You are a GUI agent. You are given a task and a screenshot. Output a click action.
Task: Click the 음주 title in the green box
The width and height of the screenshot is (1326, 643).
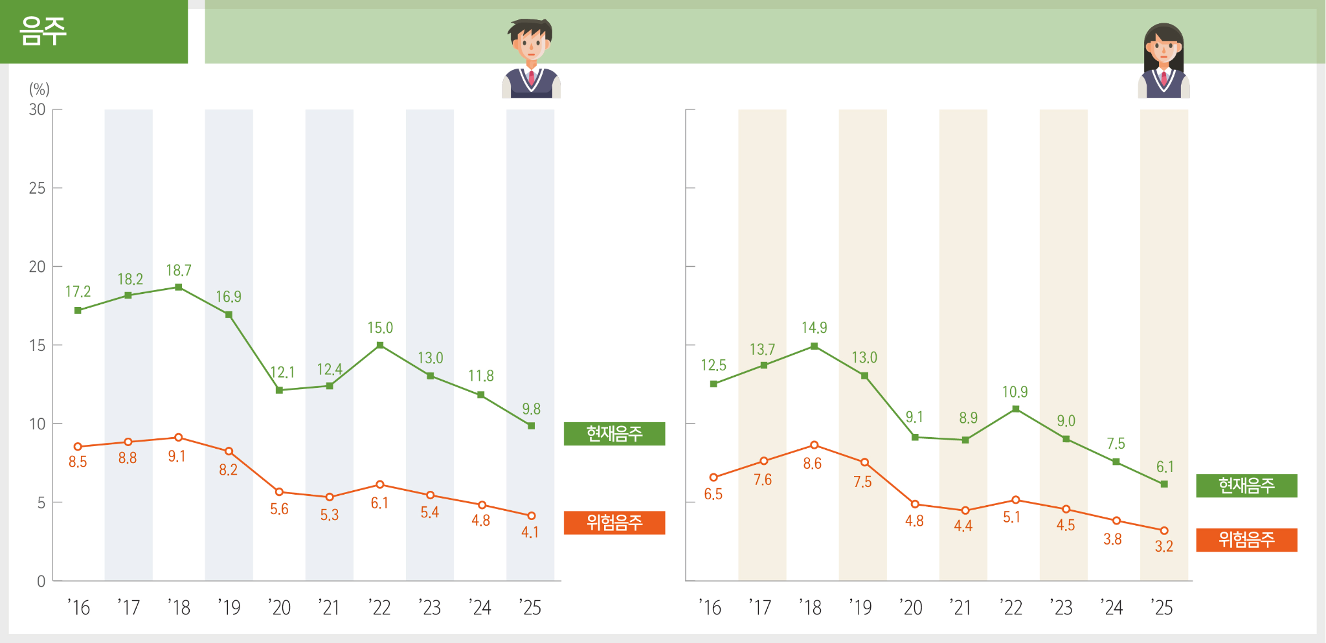(43, 31)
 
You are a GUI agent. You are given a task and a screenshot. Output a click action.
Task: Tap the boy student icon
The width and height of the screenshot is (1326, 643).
(531, 58)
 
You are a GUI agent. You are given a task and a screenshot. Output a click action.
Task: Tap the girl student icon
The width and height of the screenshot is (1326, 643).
(1163, 61)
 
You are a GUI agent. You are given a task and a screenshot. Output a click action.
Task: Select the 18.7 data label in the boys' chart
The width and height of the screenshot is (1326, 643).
(179, 270)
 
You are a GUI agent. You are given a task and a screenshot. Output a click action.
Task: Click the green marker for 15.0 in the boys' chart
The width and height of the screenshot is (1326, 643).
(380, 345)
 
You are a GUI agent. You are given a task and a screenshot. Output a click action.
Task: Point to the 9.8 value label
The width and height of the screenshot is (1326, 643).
(531, 409)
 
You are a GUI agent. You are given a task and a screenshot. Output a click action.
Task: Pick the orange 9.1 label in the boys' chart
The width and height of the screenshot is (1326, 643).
(177, 457)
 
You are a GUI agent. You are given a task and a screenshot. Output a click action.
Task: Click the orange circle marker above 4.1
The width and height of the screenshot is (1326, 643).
(532, 516)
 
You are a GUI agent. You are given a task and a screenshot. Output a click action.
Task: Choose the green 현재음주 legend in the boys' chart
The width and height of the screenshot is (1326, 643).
(614, 434)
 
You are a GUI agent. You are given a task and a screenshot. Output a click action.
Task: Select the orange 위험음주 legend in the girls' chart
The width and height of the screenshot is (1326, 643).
(1246, 540)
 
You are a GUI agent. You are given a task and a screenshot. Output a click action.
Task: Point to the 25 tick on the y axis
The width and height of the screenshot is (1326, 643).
(38, 188)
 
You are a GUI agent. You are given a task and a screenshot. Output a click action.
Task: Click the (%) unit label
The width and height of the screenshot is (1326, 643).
(39, 89)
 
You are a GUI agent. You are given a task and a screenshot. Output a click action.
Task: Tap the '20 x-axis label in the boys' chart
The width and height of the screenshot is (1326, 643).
(280, 607)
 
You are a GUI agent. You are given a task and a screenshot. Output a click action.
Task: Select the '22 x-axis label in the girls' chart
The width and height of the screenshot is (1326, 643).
(1011, 607)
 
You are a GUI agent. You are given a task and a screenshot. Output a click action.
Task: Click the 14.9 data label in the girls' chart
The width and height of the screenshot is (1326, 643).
(815, 328)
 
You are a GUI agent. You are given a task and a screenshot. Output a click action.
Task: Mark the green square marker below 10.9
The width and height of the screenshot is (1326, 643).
(1015, 409)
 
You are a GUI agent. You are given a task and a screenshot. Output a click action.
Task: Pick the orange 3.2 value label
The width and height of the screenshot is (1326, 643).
(1163, 547)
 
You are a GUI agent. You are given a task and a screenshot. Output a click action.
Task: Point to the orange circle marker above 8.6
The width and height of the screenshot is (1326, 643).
(814, 445)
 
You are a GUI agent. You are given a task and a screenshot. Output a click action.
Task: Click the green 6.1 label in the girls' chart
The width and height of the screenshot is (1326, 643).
(1165, 467)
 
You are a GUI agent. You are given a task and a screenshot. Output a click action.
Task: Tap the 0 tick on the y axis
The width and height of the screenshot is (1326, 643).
(41, 581)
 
